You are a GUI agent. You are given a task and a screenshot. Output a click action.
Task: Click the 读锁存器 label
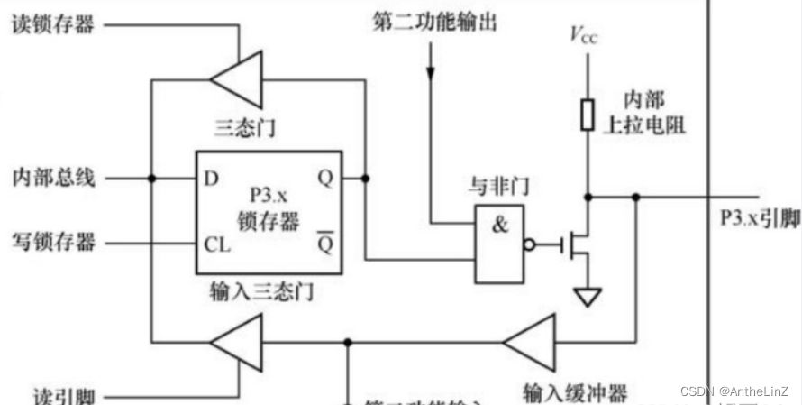click(x=52, y=23)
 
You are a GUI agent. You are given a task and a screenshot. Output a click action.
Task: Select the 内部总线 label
click(x=52, y=177)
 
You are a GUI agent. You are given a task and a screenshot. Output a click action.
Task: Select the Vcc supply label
click(x=584, y=36)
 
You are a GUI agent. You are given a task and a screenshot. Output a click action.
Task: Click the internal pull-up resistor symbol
click(x=588, y=115)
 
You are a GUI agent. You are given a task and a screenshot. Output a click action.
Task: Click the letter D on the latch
click(x=212, y=178)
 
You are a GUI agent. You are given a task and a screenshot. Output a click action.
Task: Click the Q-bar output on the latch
click(x=325, y=244)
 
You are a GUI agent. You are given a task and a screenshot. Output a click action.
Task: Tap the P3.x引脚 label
click(x=760, y=218)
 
